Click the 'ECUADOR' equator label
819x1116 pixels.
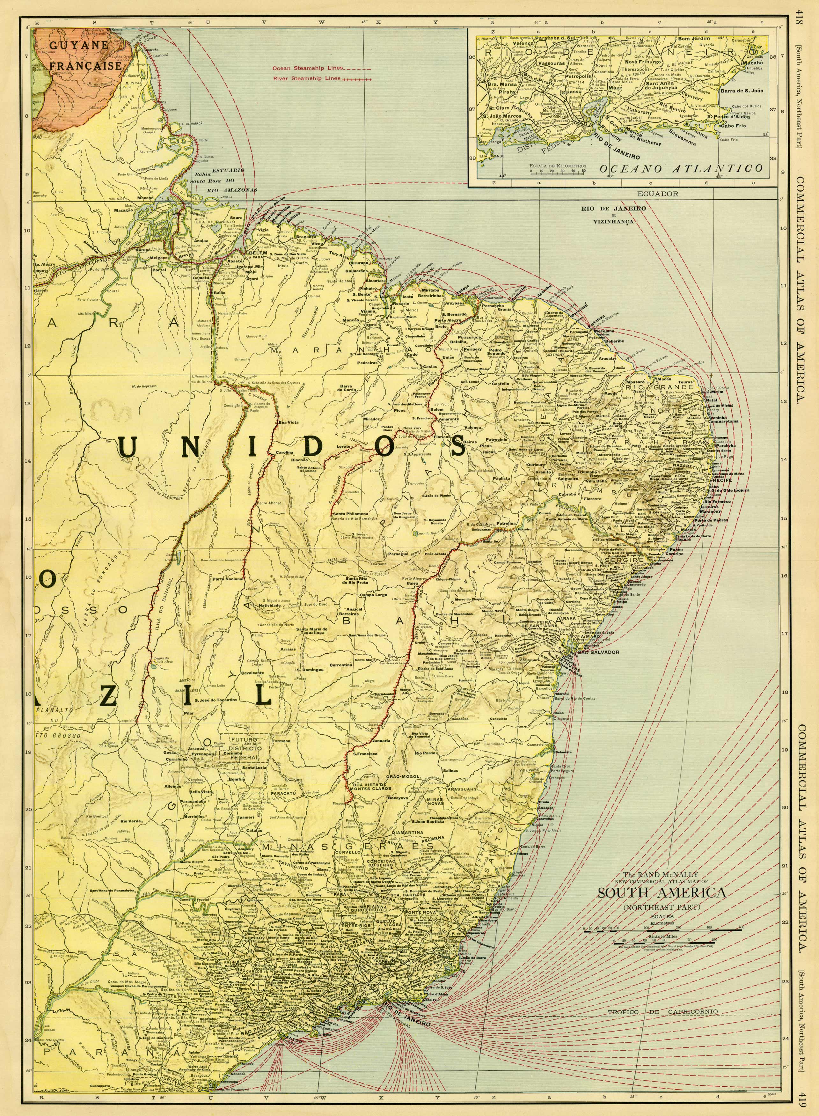pyautogui.click(x=658, y=194)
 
